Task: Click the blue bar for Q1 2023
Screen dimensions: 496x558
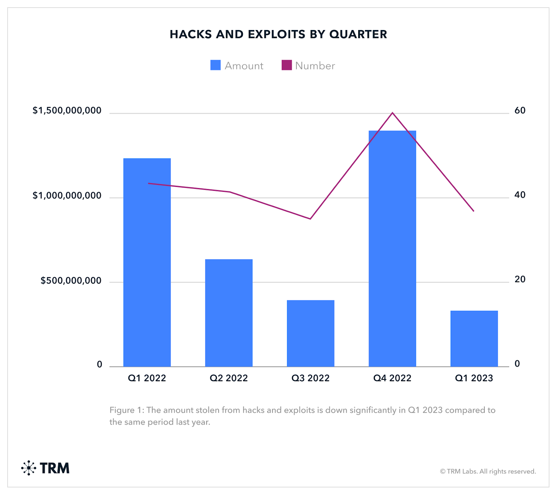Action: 474,338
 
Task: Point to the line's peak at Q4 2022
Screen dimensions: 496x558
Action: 392,113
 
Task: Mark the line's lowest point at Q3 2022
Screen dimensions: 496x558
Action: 310,219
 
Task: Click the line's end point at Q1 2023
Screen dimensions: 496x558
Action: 474,211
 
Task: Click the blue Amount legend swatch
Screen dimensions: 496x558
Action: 216,65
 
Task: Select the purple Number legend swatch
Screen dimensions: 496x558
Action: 287,65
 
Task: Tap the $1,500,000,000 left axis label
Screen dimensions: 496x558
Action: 67,111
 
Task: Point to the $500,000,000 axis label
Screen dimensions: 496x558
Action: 71,280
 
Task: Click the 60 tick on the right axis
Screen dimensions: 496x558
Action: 520,111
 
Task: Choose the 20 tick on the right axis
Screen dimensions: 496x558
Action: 520,279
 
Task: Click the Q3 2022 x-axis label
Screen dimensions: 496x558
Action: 310,378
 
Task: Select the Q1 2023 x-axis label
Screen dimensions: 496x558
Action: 474,378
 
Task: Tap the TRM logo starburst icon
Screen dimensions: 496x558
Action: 29,468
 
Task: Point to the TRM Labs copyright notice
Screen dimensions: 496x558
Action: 488,472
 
